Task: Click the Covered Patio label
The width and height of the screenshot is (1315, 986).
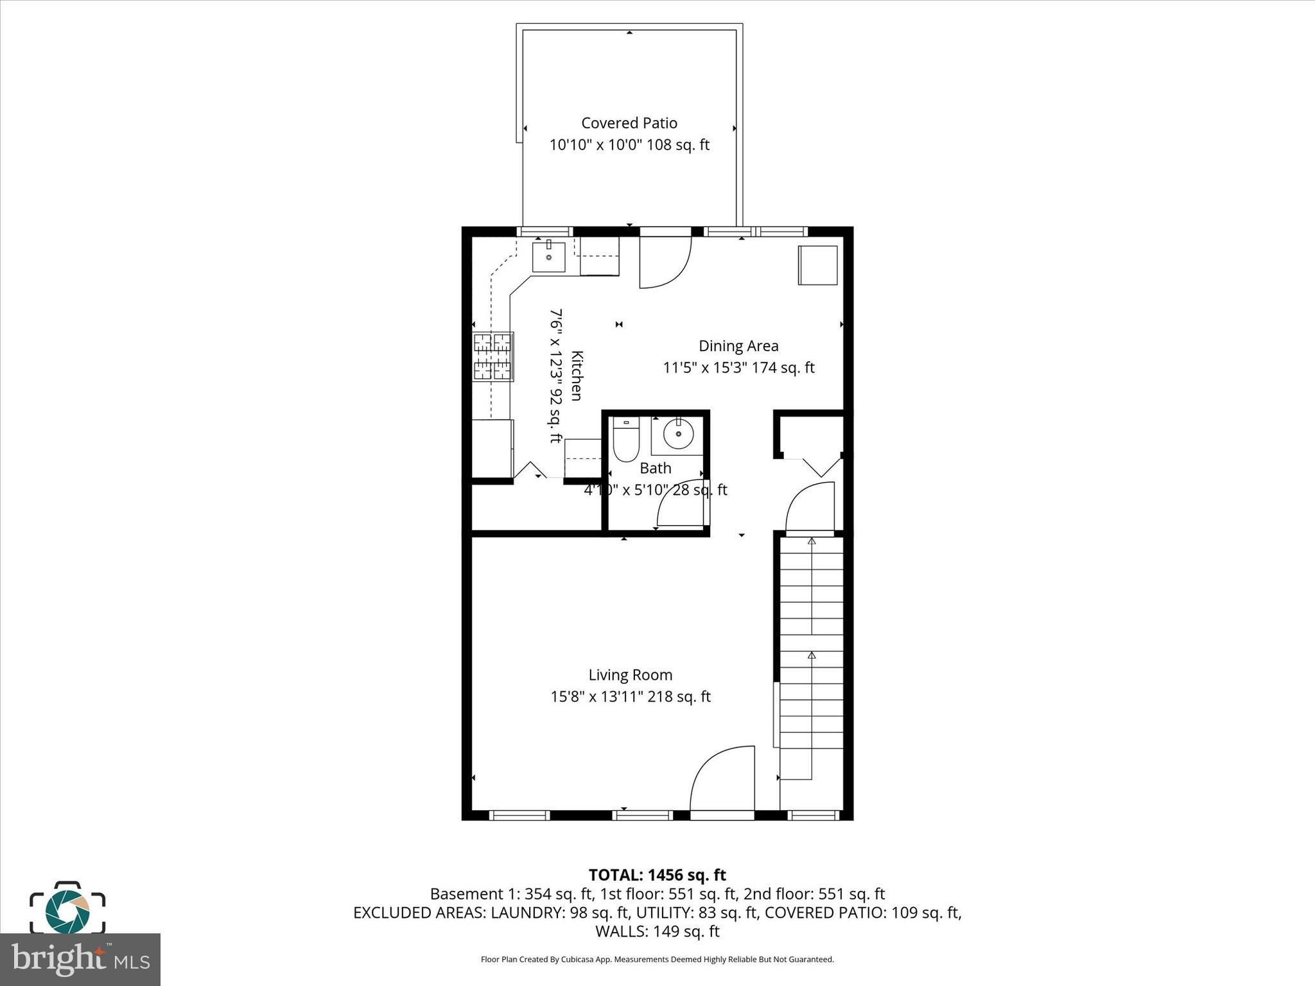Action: (629, 123)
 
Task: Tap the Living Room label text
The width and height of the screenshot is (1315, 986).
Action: (630, 675)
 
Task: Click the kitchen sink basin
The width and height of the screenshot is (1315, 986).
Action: (548, 257)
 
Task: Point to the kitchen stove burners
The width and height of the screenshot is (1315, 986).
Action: (493, 357)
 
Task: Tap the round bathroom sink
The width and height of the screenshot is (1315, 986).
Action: (678, 435)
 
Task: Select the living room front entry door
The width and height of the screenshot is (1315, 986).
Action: (722, 779)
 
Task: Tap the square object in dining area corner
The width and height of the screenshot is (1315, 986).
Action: (817, 265)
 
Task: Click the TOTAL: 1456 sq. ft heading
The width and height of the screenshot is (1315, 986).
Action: (657, 875)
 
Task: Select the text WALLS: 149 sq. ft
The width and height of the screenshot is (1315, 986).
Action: (657, 931)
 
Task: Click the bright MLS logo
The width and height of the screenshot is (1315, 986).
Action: (80, 960)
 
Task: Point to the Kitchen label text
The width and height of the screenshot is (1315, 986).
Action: (577, 376)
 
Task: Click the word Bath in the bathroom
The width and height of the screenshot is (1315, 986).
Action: (655, 468)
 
